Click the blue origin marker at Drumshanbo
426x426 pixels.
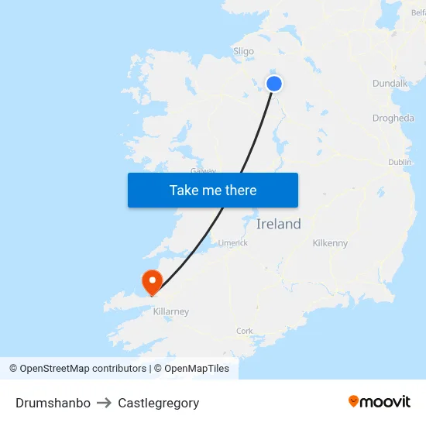pyautogui.click(x=274, y=84)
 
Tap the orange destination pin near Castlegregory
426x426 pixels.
pyautogui.click(x=150, y=280)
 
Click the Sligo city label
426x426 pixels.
pyautogui.click(x=243, y=52)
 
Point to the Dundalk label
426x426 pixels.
pyautogui.click(x=390, y=83)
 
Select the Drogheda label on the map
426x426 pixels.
pyautogui.click(x=393, y=119)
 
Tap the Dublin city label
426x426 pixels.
pyautogui.click(x=400, y=162)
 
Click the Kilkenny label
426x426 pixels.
pyautogui.click(x=330, y=243)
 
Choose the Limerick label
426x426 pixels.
pyautogui.click(x=232, y=242)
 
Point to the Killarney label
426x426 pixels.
pyautogui.click(x=171, y=311)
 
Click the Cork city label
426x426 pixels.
pyautogui.click(x=245, y=331)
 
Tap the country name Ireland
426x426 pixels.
pyautogui.click(x=279, y=225)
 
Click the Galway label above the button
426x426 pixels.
pyautogui.click(x=203, y=170)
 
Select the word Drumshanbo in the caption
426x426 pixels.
pyautogui.click(x=53, y=403)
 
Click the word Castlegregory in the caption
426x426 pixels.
pyautogui.click(x=159, y=403)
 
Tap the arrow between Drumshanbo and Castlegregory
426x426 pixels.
pyautogui.click(x=105, y=403)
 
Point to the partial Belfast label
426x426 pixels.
pyautogui.click(x=418, y=12)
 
